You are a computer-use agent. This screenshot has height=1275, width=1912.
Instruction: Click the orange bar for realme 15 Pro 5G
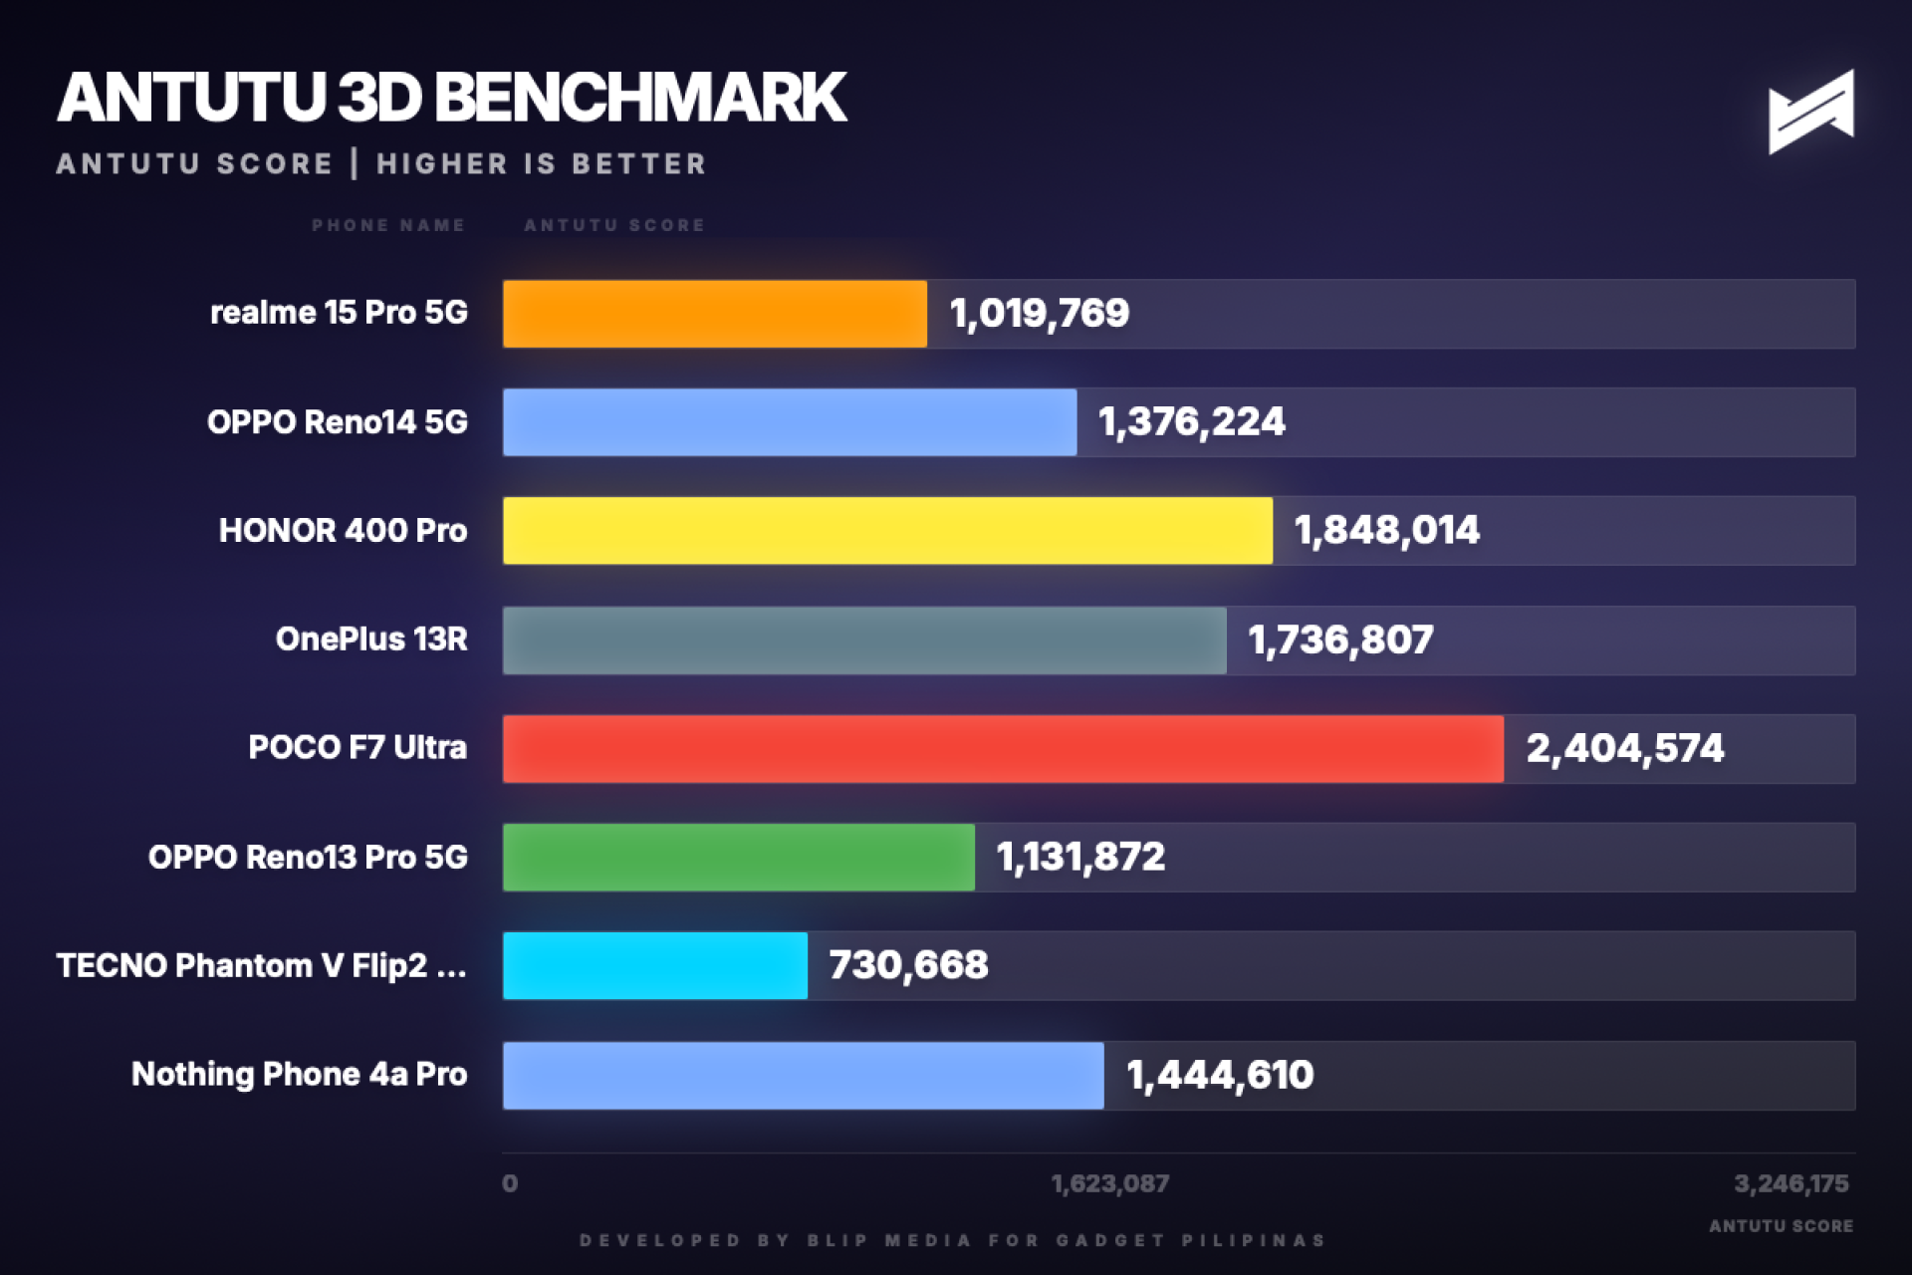tap(714, 314)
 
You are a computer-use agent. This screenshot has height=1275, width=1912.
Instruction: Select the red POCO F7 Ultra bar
tap(1002, 748)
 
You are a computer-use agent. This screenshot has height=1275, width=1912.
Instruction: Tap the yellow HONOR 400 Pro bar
tap(887, 531)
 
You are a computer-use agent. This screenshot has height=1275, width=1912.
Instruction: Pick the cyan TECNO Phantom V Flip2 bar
tap(654, 965)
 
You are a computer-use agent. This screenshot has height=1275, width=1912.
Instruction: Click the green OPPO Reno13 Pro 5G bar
tap(738, 857)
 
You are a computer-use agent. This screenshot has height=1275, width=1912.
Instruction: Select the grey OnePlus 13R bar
tap(863, 640)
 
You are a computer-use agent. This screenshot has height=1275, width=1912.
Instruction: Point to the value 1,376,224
tap(1191, 422)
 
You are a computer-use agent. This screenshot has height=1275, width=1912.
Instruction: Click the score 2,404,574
tap(1624, 748)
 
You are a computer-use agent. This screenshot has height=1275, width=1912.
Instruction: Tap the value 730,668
tap(908, 965)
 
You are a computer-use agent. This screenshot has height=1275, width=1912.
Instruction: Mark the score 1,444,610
tap(1219, 1075)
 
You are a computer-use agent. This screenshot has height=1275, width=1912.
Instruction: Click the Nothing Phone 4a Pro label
tap(299, 1074)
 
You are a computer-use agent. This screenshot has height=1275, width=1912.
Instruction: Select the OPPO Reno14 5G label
tap(337, 422)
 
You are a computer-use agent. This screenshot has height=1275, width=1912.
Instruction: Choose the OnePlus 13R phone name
tap(370, 639)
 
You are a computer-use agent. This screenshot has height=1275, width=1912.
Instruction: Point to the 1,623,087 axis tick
tap(1109, 1183)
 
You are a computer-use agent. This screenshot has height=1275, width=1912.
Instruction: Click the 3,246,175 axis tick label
tap(1791, 1183)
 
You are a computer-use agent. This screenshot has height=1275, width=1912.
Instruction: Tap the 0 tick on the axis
tap(510, 1183)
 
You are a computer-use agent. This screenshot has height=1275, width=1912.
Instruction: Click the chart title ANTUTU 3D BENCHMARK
tap(451, 98)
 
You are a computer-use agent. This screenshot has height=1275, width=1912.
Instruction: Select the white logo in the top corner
tap(1810, 112)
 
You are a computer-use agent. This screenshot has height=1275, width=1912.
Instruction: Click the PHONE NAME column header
tap(387, 225)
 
